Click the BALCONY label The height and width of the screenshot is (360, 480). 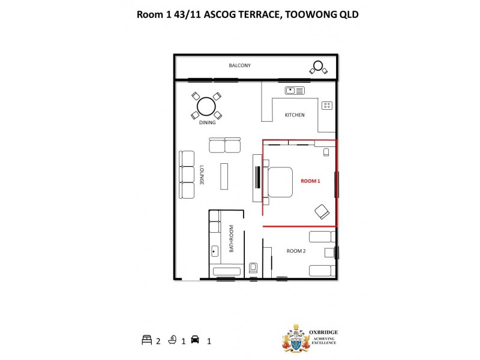[x=239, y=65]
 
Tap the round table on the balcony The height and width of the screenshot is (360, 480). [x=318, y=66]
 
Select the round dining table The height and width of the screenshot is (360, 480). [x=206, y=106]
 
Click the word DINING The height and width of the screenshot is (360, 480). [x=207, y=124]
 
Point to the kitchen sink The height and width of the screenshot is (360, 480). [x=295, y=91]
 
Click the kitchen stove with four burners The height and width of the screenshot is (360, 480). [x=327, y=106]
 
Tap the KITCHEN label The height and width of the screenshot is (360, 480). [x=295, y=115]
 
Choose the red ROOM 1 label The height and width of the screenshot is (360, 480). [x=311, y=181]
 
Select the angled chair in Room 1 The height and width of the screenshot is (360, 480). [x=322, y=211]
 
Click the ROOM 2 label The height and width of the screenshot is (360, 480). [x=296, y=251]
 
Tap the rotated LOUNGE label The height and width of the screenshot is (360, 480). [x=202, y=175]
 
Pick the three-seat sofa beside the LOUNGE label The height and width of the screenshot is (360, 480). [x=187, y=175]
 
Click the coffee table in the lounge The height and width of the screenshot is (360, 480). [x=224, y=175]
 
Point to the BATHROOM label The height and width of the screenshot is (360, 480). [x=231, y=244]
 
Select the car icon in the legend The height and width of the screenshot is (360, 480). [x=194, y=340]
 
